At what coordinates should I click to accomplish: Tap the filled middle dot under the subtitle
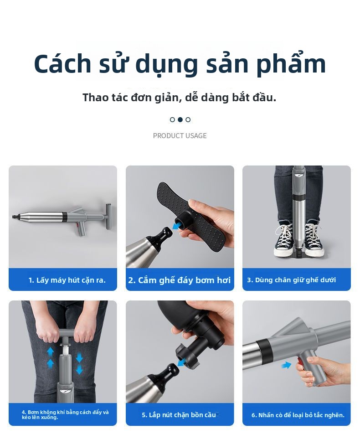coord(180,119)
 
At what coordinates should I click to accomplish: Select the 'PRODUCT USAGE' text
coord(180,136)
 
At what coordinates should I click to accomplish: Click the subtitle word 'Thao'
coord(96,98)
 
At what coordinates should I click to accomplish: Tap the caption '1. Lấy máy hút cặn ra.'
coord(67,280)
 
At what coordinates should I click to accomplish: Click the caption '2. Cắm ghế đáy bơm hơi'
coord(180,280)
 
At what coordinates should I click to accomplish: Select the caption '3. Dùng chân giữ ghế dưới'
coord(291,280)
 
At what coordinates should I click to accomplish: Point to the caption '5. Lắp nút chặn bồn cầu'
coord(179,415)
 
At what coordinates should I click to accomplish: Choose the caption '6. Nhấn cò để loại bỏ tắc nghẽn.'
coord(298,415)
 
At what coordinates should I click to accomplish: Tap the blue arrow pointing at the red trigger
coord(286,365)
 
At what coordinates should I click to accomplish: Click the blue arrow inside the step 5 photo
coord(183,363)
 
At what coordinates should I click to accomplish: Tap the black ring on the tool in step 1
coord(65,216)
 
